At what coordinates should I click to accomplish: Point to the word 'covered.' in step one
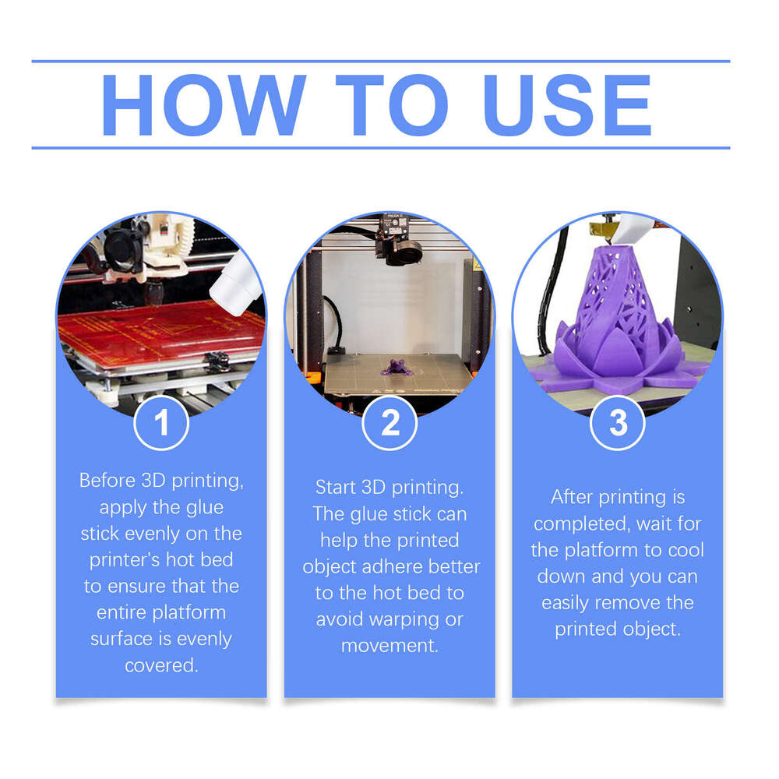161,665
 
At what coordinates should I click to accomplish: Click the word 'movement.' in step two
389,646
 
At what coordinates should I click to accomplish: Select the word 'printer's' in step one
129,560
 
